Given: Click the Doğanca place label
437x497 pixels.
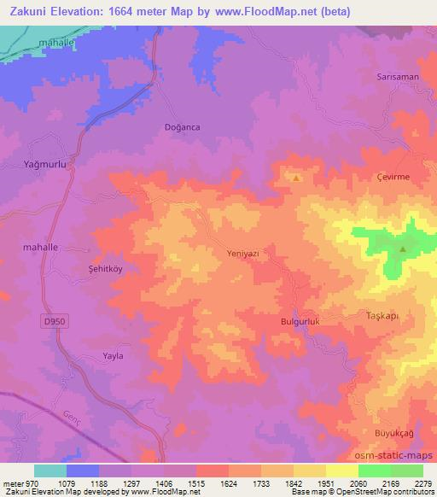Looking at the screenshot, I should tap(181, 126).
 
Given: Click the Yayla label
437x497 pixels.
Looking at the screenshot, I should tap(113, 356).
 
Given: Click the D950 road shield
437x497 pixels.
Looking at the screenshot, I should tap(51, 321).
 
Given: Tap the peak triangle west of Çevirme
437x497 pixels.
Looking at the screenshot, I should tap(295, 178).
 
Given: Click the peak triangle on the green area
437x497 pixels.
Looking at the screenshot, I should tap(402, 249).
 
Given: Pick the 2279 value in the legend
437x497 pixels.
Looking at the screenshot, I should tap(422, 482).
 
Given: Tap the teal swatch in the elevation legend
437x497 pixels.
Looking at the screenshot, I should tap(50, 471).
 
